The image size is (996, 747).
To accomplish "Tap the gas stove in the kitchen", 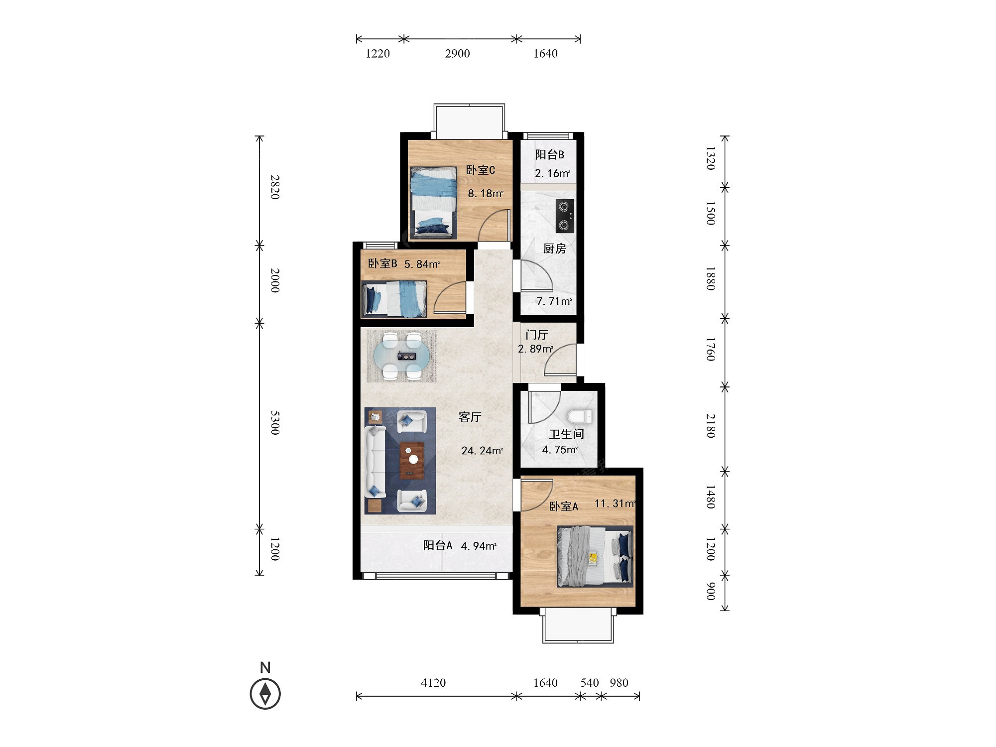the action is click(565, 216).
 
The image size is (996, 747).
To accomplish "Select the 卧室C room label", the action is click(481, 170).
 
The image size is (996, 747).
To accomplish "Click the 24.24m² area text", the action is click(482, 451).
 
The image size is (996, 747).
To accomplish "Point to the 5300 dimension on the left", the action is click(275, 423).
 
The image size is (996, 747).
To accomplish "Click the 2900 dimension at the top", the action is click(457, 54).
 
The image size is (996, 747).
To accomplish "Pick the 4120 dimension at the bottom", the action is click(433, 683).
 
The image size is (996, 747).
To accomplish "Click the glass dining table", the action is click(402, 356).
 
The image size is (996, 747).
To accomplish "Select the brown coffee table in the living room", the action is click(412, 461).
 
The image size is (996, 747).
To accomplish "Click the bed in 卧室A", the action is click(595, 556).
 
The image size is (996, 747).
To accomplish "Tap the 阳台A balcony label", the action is click(438, 545).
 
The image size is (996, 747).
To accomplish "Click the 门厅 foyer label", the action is click(537, 335).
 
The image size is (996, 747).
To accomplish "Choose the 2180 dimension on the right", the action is click(711, 426).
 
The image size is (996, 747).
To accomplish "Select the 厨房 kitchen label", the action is click(554, 249).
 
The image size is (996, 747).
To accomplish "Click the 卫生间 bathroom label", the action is click(567, 434).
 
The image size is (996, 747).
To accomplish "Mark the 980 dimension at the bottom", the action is click(619, 683).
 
